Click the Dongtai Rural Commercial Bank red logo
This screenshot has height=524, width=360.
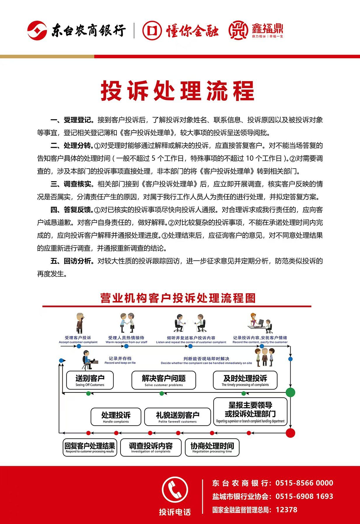[37, 30]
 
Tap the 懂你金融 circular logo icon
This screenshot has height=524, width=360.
[152, 30]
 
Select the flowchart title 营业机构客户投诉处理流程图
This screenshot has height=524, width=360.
[178, 298]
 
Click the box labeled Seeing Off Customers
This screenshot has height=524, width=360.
[90, 380]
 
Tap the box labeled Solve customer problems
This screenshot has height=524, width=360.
[164, 380]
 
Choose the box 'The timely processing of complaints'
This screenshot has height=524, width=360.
[245, 380]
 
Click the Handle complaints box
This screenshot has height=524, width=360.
[116, 417]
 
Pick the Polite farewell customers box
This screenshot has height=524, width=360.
[177, 417]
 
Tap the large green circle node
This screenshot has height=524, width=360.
[290, 392]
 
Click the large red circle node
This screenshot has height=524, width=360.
[290, 433]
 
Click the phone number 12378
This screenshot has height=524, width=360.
[286, 510]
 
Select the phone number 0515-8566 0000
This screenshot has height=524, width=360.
[304, 483]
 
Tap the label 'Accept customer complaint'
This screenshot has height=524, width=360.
[78, 342]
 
